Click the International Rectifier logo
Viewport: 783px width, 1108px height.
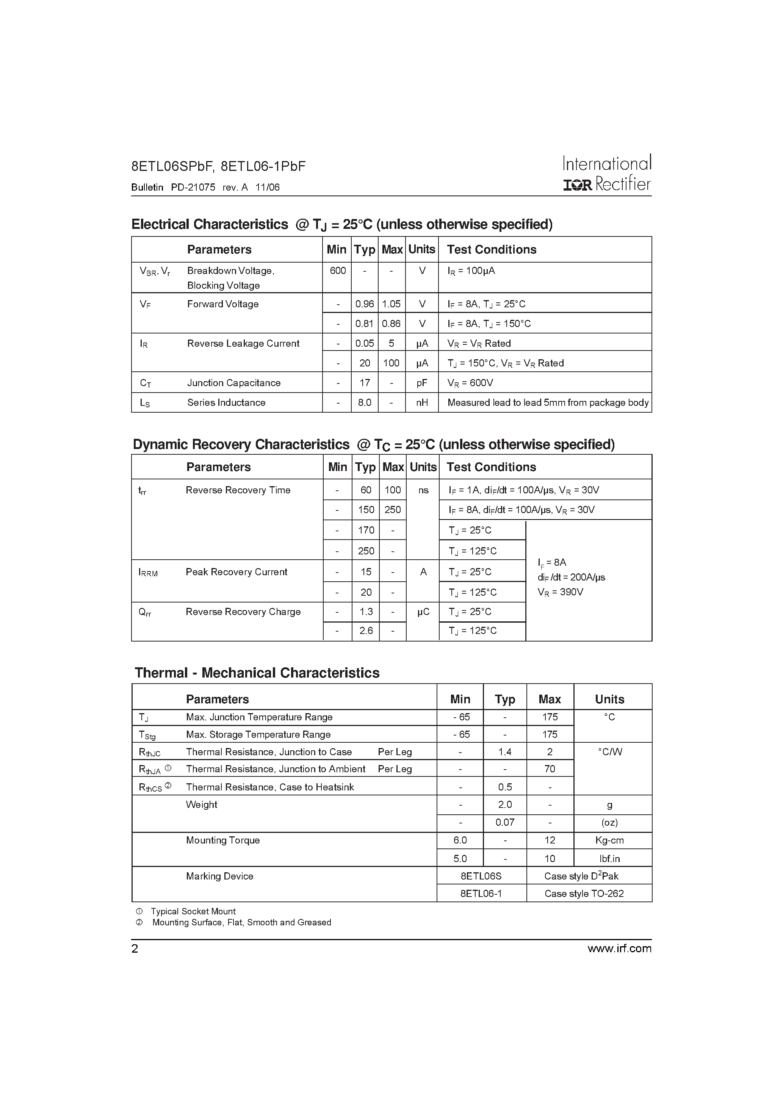click(x=607, y=173)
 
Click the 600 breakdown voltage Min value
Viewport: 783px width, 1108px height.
click(x=337, y=271)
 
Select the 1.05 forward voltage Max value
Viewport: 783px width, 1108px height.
click(x=391, y=304)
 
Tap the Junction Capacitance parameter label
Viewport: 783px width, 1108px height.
click(x=233, y=383)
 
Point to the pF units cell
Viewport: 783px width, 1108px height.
click(x=422, y=383)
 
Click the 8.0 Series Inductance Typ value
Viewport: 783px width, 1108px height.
click(x=365, y=402)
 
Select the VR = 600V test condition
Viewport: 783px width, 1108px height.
click(x=470, y=383)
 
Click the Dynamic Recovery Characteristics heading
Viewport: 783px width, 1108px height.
click(x=373, y=444)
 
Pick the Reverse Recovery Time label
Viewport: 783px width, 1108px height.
click(x=238, y=490)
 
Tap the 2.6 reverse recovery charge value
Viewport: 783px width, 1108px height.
click(x=366, y=631)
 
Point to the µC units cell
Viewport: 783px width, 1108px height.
click(x=423, y=612)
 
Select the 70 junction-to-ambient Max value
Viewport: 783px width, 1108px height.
click(x=550, y=769)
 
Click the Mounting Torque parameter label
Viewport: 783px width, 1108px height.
click(x=222, y=840)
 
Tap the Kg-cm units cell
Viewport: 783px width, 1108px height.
click(x=609, y=840)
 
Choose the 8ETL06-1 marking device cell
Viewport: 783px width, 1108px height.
click(x=481, y=894)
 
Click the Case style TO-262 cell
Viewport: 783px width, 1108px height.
click(x=584, y=894)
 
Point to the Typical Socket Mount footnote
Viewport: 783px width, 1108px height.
click(x=193, y=912)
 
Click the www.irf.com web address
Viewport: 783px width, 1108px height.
click(x=619, y=949)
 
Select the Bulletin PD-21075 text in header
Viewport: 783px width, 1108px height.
click(x=173, y=187)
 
